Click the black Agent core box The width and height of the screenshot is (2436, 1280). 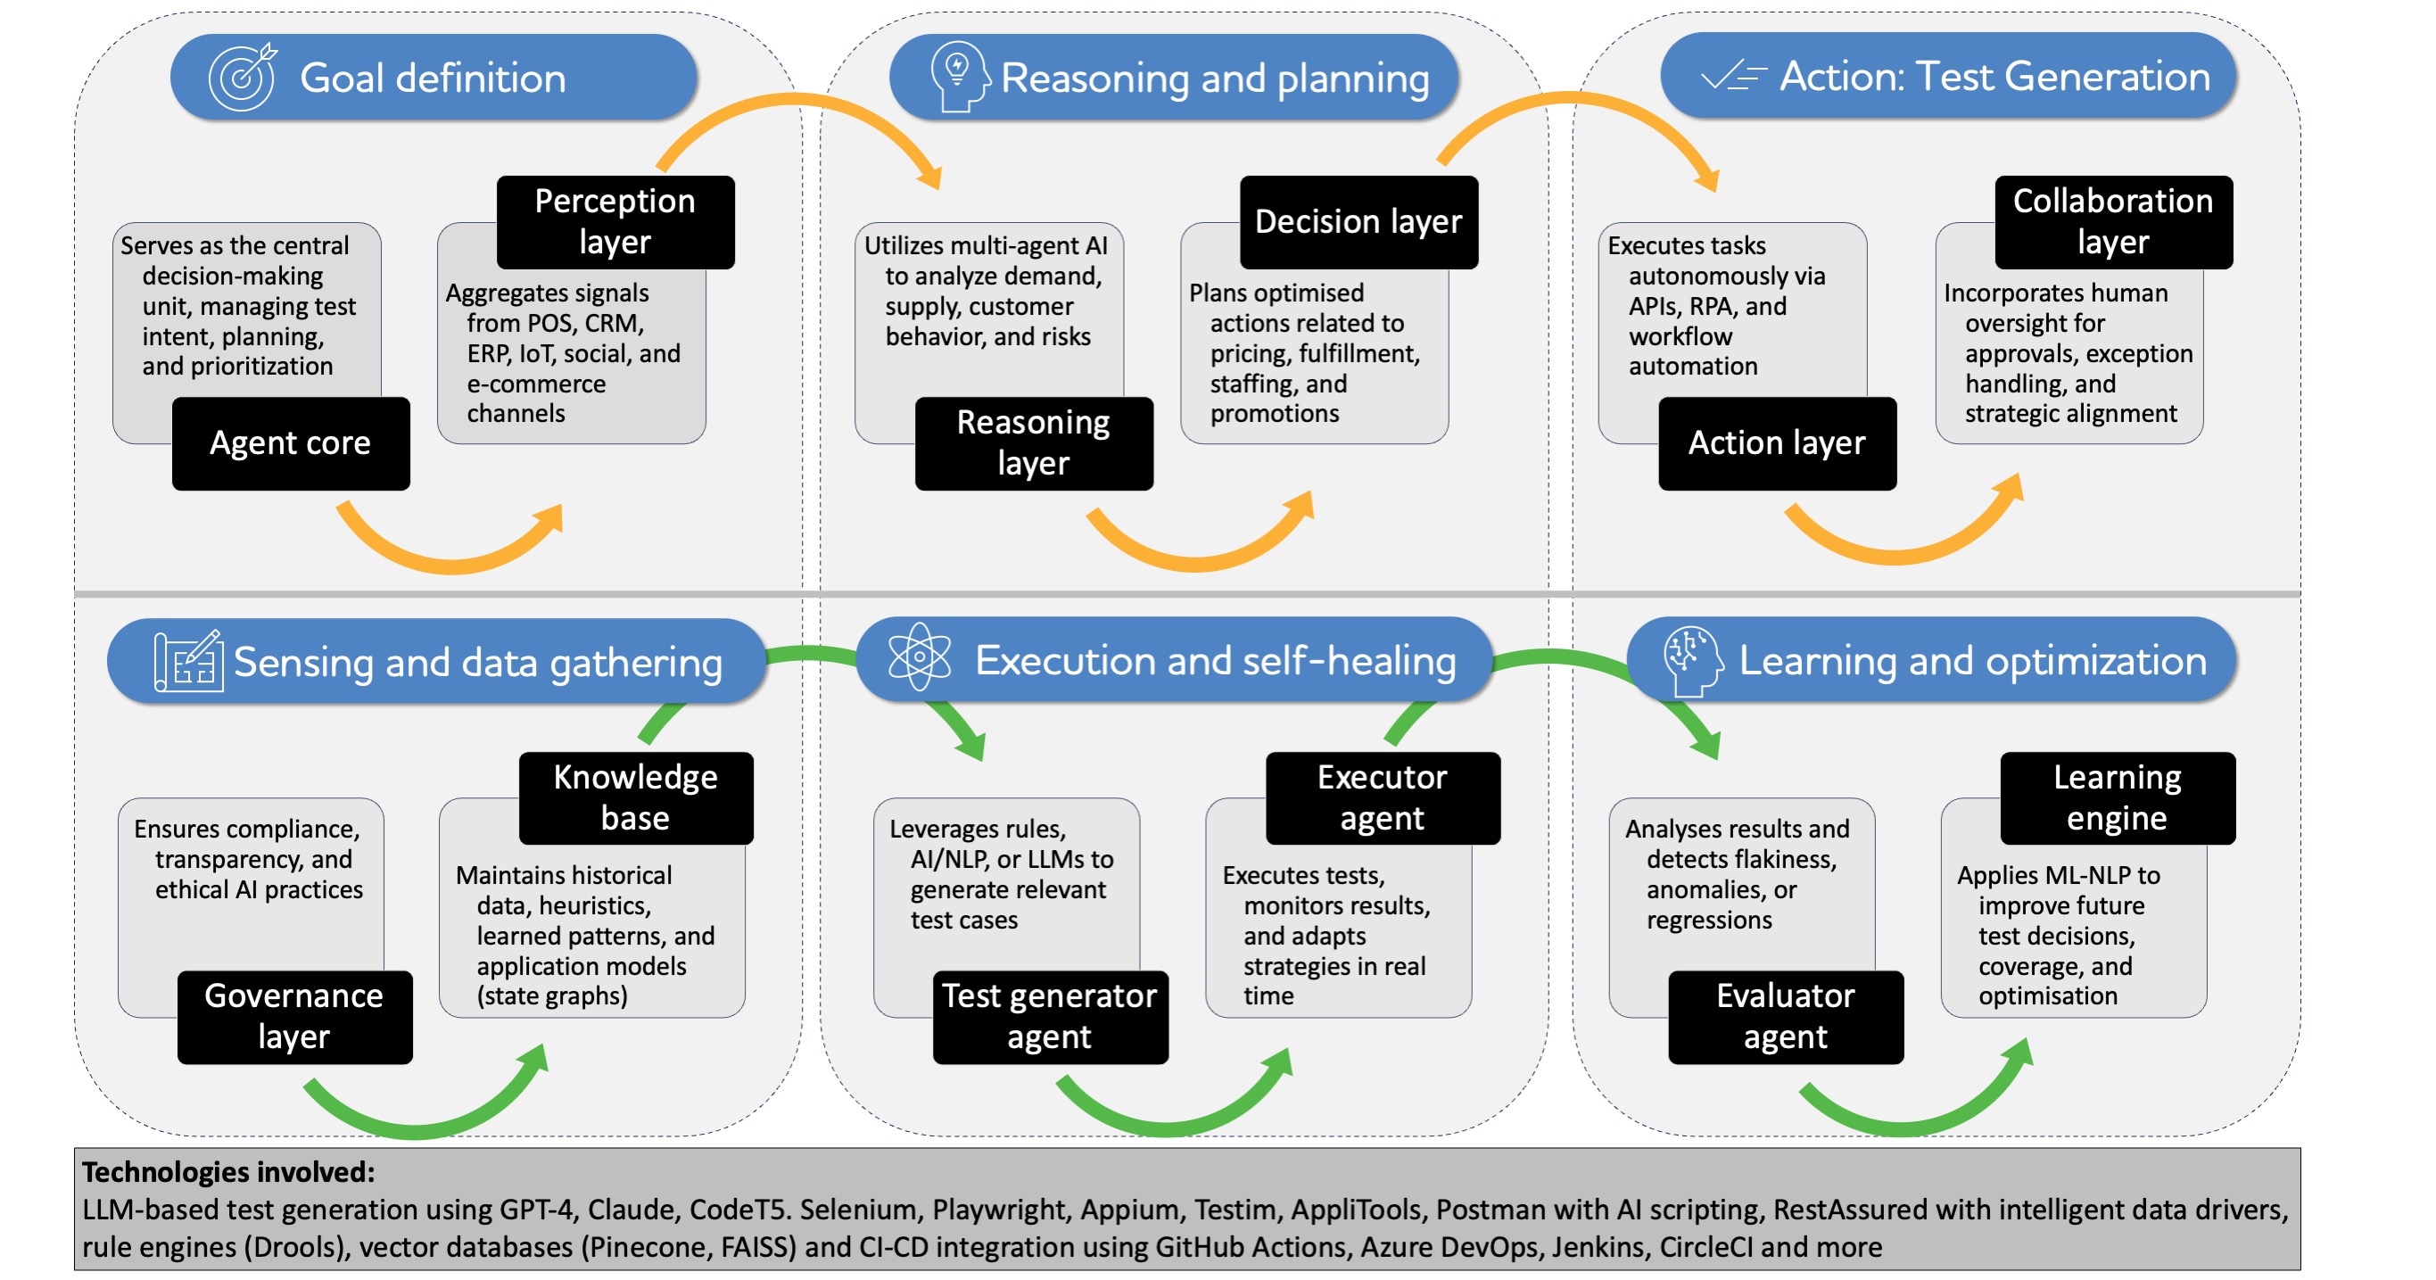[x=290, y=442]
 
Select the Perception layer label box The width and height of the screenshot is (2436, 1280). [x=615, y=221]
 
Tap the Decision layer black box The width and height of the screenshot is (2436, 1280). [x=1358, y=221]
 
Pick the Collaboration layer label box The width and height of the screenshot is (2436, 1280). [x=2112, y=221]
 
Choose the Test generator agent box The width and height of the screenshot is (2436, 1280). [x=1050, y=1016]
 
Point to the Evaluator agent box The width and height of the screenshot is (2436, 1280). [x=1785, y=1016]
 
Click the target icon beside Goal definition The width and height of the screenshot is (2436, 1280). [x=242, y=77]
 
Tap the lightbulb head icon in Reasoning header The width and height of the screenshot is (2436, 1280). [x=958, y=76]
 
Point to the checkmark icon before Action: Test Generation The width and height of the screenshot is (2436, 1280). [x=1731, y=76]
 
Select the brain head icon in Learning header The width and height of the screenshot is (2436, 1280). [x=1692, y=659]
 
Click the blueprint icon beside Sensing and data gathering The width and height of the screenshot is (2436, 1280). [x=188, y=661]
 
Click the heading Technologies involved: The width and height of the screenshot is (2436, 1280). [x=228, y=1172]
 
